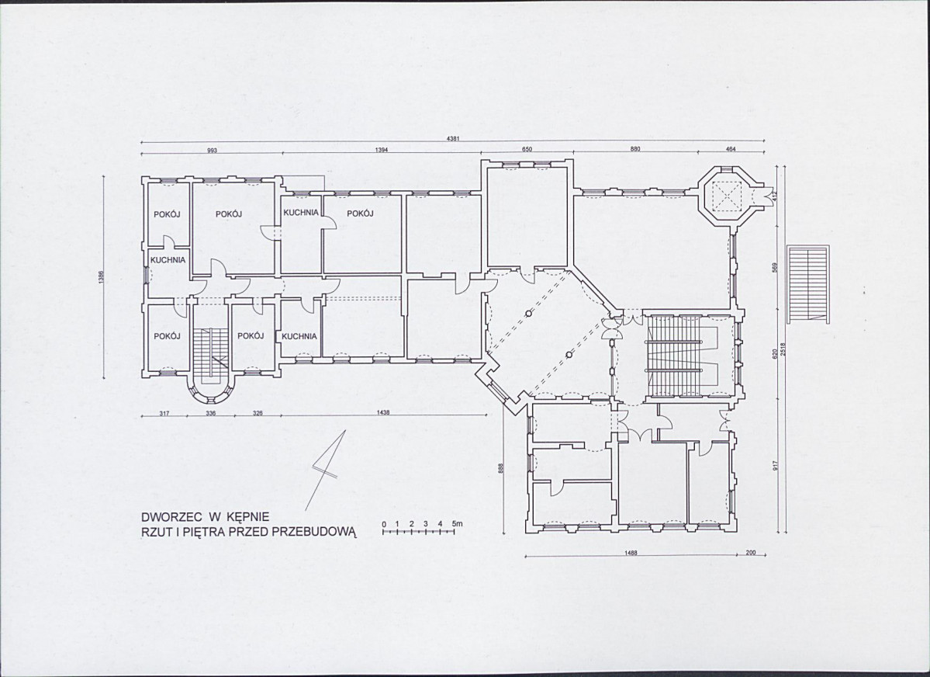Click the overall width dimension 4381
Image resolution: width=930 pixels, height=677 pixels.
pos(452,139)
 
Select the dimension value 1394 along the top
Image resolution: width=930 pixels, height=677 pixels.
pos(382,150)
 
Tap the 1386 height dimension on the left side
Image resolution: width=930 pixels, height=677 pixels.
pos(101,277)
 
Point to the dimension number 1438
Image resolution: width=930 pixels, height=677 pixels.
pos(382,413)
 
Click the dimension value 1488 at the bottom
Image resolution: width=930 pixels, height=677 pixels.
pos(631,553)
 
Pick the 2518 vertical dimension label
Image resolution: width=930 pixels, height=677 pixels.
pos(783,349)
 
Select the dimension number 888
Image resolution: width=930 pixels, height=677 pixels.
pos(501,469)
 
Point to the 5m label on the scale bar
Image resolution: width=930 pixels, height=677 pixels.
pos(457,524)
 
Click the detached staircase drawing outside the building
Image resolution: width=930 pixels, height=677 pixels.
pos(807,285)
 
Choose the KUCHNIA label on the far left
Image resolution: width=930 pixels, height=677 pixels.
pos(168,260)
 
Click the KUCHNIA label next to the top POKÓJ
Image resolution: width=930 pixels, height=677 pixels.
pos(301,213)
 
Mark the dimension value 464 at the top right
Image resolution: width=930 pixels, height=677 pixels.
pos(731,149)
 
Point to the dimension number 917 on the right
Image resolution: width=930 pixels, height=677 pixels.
pos(775,466)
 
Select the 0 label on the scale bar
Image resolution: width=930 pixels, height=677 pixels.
pos(385,524)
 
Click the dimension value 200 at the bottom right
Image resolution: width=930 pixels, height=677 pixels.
pos(751,553)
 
